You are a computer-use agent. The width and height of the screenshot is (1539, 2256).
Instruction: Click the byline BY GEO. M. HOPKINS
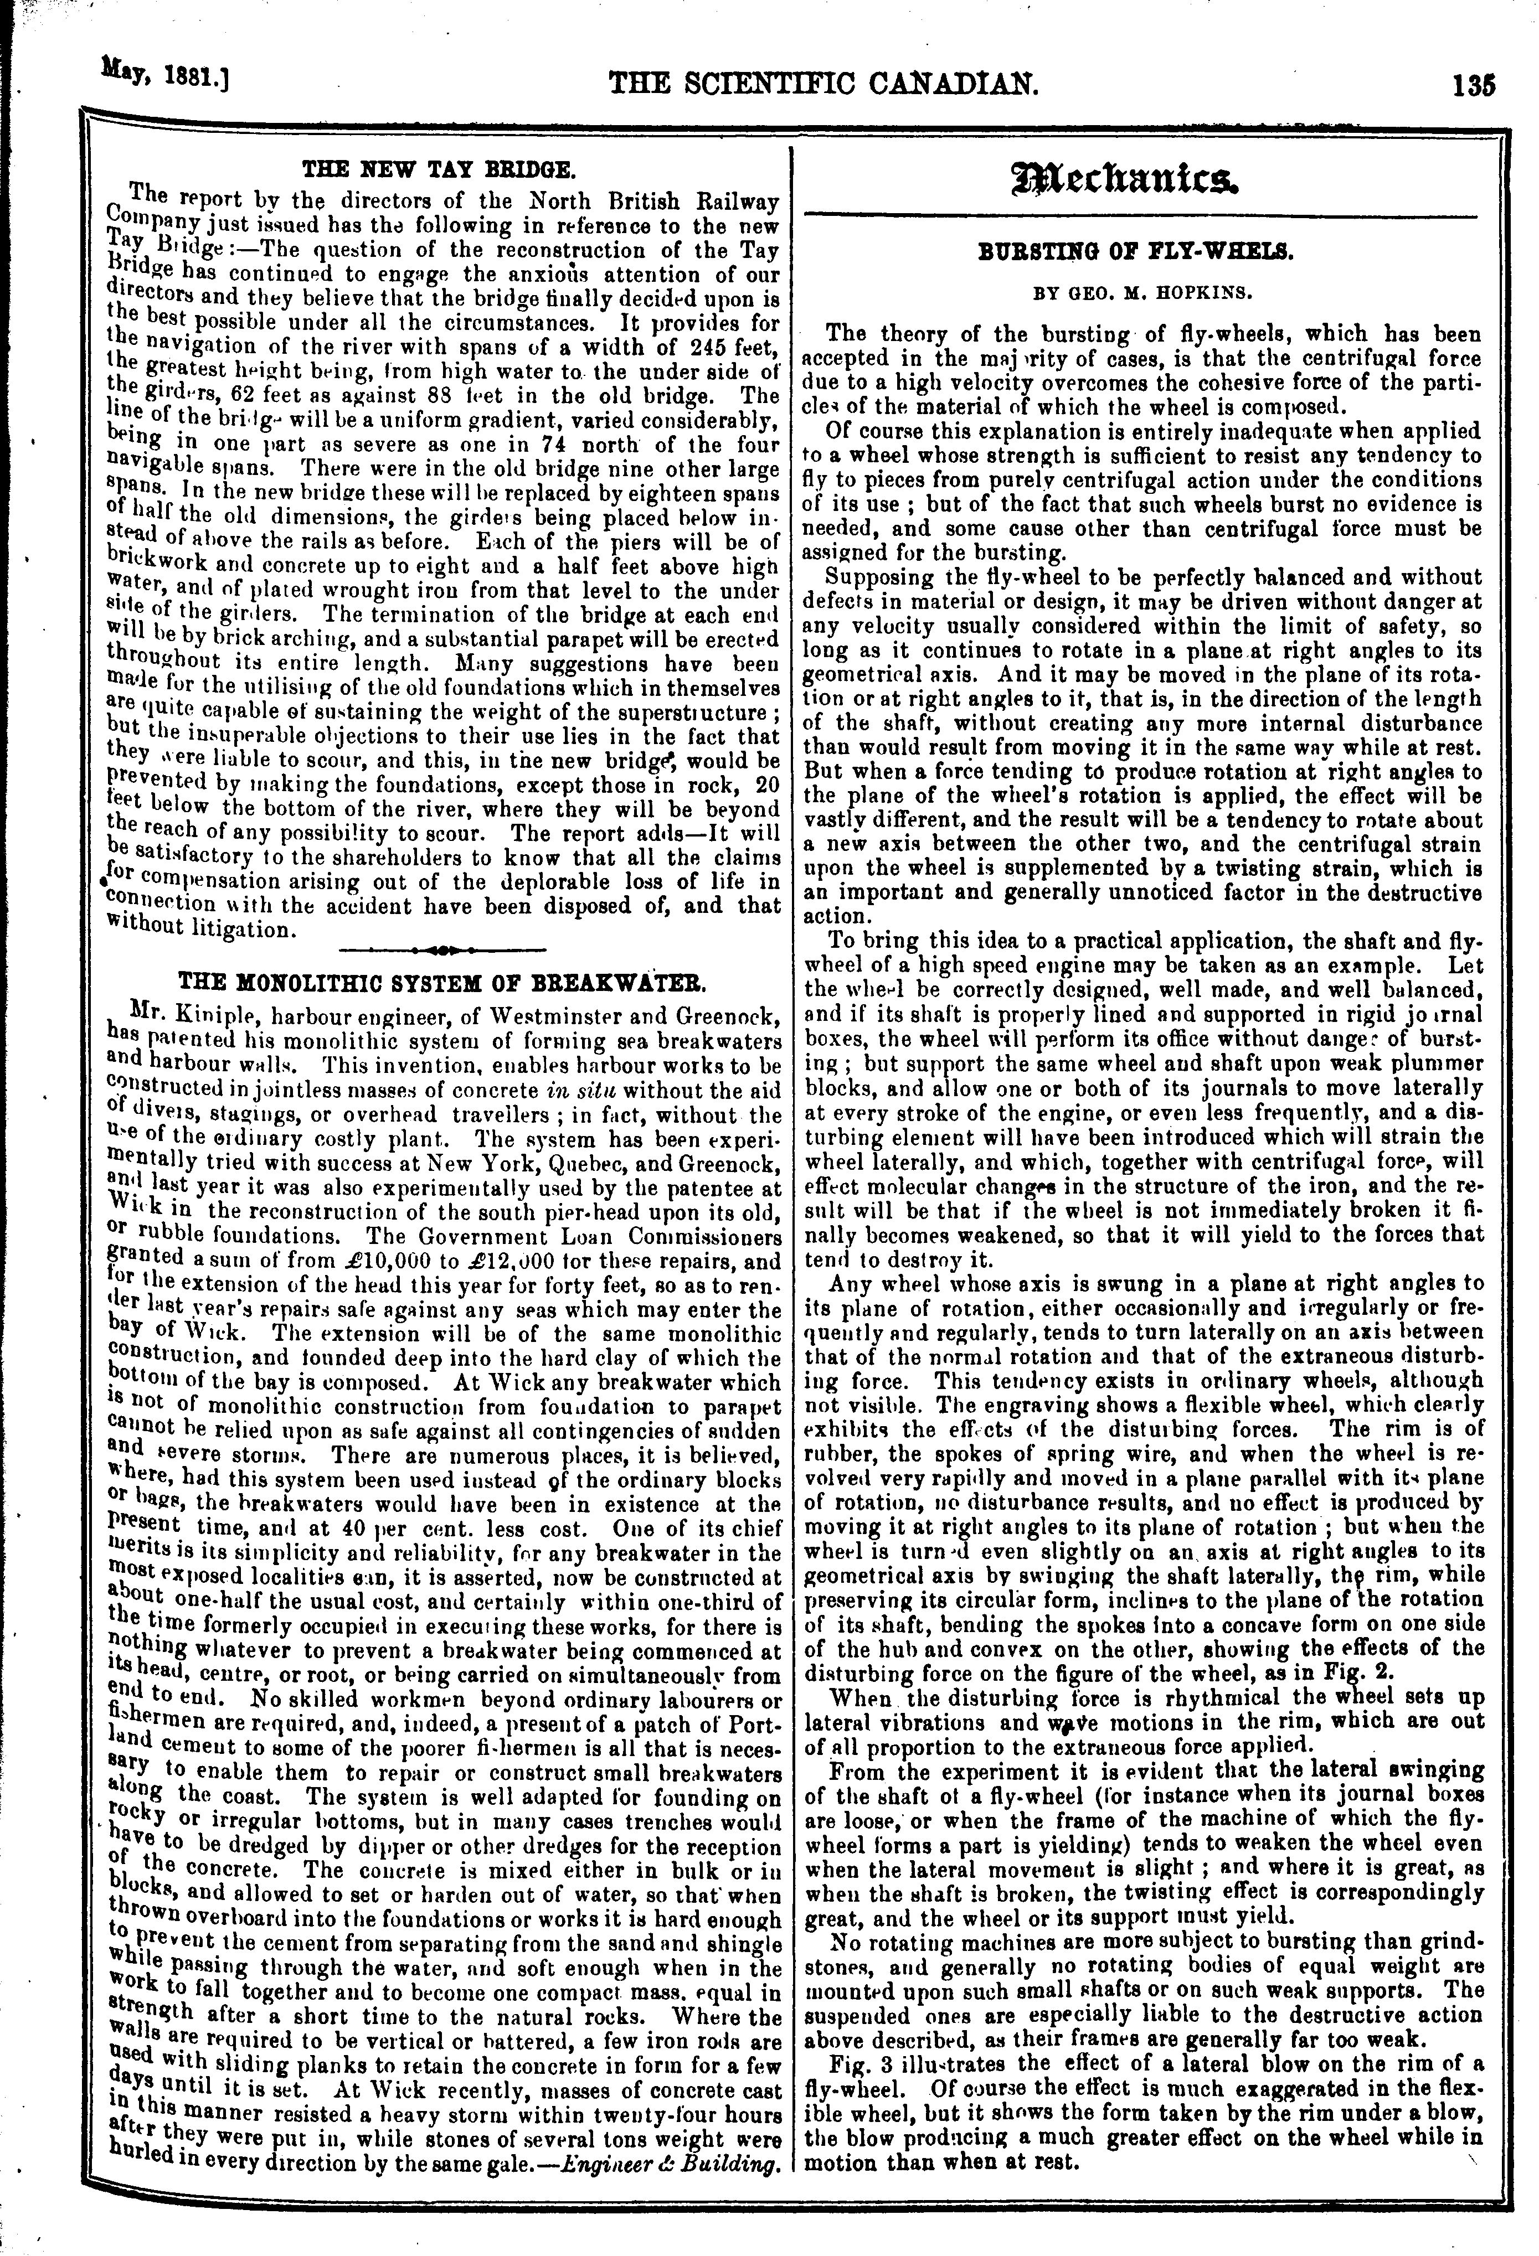(x=1144, y=290)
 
